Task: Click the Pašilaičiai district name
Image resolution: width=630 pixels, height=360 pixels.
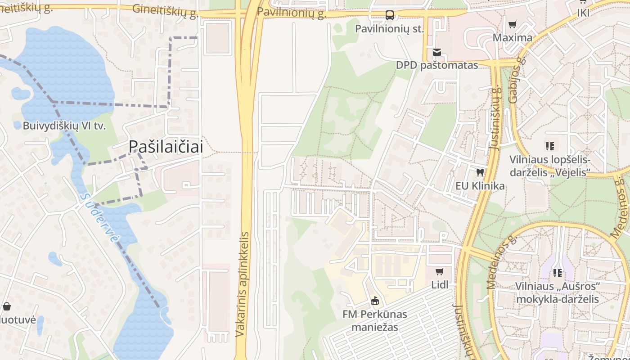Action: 166,146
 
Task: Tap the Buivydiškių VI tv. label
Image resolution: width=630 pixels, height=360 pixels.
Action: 64,126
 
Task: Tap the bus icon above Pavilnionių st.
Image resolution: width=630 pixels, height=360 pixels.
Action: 390,16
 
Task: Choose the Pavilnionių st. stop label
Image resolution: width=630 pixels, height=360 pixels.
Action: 390,29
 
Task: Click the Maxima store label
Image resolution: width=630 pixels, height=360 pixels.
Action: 512,37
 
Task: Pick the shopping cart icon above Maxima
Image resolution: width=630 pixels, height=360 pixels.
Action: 512,24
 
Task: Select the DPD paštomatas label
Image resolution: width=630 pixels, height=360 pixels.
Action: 436,65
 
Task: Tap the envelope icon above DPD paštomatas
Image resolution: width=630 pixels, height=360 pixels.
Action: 436,52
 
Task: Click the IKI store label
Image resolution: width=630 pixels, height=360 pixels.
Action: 583,13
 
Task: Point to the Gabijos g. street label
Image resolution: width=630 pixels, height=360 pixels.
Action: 517,80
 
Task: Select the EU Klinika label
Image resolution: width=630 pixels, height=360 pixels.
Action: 480,186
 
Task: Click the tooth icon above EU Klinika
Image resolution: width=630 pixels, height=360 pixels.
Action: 480,172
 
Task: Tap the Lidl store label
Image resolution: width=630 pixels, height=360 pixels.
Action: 440,285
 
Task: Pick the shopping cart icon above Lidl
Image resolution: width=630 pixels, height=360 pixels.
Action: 440,271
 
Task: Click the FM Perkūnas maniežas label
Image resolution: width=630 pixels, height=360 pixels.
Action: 374,320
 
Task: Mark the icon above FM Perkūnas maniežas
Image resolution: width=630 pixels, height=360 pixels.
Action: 374,301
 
